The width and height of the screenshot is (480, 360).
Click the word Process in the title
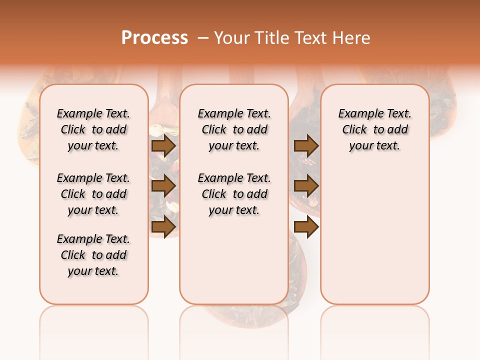click(154, 38)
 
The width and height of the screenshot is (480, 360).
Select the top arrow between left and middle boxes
click(163, 146)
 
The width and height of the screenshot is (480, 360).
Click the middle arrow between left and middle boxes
click(163, 186)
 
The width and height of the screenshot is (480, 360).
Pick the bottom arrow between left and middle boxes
click(163, 227)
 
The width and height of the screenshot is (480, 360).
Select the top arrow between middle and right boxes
click(306, 146)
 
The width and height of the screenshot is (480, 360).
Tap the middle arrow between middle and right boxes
click(306, 186)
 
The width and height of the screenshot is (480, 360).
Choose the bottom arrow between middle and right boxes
click(306, 227)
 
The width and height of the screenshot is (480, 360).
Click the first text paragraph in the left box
click(93, 129)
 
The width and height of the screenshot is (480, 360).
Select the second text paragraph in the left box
click(93, 194)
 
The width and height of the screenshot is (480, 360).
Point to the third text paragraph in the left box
click(93, 255)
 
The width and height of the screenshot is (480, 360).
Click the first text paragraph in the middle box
click(234, 129)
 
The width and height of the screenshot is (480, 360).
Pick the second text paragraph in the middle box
click(234, 194)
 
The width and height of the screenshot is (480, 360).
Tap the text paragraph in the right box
click(374, 129)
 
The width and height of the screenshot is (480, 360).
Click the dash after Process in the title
click(203, 38)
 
